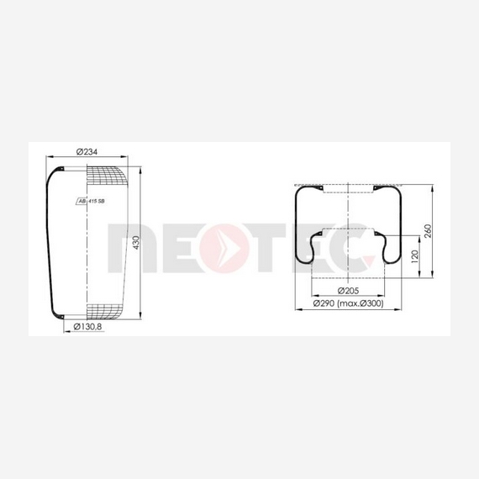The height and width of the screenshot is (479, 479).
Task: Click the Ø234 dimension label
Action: point(87,152)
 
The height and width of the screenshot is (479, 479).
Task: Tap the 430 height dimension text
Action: point(136,243)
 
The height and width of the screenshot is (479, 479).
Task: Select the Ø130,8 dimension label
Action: point(87,327)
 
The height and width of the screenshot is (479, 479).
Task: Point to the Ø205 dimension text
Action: point(348,291)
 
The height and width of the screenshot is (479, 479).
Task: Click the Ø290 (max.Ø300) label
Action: point(349,303)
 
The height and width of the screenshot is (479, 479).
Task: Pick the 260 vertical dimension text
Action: point(428,231)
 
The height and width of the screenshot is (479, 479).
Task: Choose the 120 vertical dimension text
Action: point(415,256)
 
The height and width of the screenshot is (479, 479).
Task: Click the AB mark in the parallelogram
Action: point(82,202)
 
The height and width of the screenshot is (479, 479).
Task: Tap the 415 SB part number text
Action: point(97,202)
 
